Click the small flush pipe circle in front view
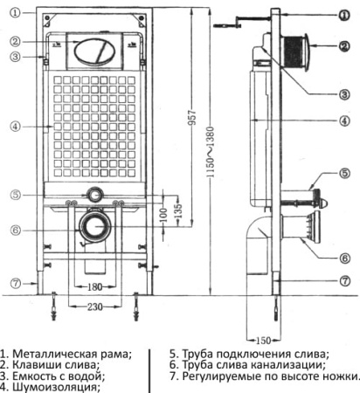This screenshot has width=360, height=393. pos(93,195)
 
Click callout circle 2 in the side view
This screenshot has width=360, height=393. pos(343,44)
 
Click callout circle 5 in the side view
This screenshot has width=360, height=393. pos(343,174)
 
